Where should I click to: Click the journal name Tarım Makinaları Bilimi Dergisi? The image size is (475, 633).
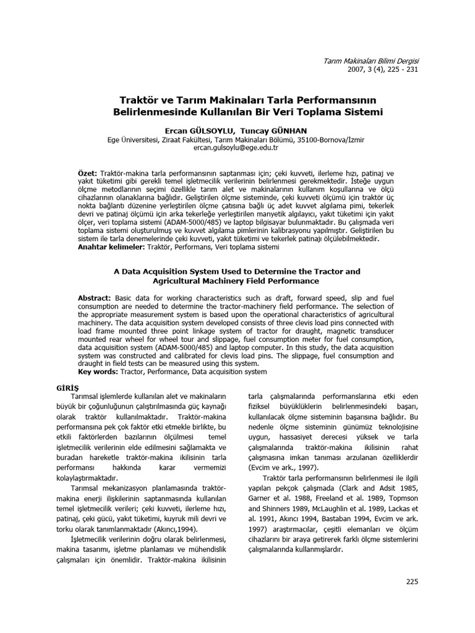coord(372,60)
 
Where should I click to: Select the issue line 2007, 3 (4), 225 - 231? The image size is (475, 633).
coord(383,69)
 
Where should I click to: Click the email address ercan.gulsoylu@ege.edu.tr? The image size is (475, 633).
coord(236,148)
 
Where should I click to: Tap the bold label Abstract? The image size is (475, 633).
coord(95,297)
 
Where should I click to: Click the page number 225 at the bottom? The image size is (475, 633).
coord(413,582)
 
